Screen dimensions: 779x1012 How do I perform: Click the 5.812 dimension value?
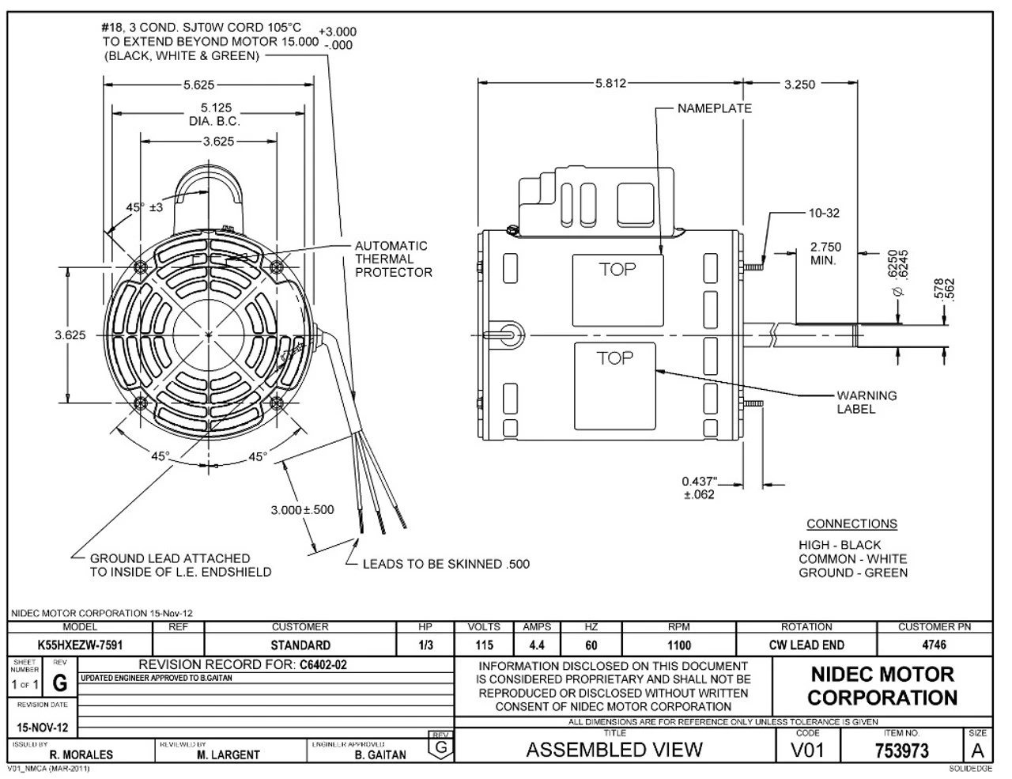610,84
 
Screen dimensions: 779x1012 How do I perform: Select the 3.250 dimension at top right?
799,84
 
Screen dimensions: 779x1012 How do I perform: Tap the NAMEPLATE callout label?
714,108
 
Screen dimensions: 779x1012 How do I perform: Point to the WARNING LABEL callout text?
867,402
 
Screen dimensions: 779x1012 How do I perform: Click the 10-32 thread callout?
824,213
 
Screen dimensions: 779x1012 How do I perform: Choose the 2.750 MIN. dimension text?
825,253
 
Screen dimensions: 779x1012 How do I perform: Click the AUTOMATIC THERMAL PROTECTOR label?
393,259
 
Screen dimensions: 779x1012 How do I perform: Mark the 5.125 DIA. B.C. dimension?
214,115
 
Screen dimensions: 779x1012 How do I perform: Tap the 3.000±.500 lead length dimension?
302,509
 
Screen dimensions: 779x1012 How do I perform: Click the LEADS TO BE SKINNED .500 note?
446,564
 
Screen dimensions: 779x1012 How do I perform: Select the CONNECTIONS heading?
852,524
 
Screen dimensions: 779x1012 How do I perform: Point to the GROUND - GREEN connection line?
852,573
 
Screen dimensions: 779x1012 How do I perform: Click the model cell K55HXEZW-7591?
80,645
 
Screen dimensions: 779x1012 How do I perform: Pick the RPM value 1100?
678,645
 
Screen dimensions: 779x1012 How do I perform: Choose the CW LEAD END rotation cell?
806,645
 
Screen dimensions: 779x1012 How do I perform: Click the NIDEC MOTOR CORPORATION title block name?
882,686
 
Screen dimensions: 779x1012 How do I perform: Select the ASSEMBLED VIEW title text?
614,749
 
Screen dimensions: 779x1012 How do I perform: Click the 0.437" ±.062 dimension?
698,487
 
